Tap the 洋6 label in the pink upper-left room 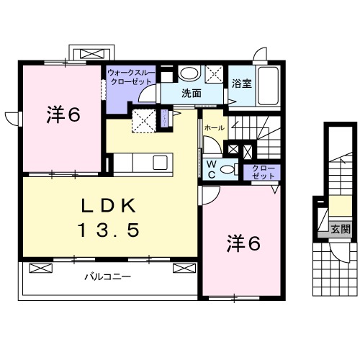tap(63, 114)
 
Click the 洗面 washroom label tap(190, 93)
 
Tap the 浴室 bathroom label tap(241, 83)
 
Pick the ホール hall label tap(214, 127)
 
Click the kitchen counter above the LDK tap(140, 163)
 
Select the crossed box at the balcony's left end tap(41, 269)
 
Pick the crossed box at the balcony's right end tap(184, 269)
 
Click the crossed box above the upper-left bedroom tap(91, 53)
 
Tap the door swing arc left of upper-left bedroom tap(12, 119)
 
